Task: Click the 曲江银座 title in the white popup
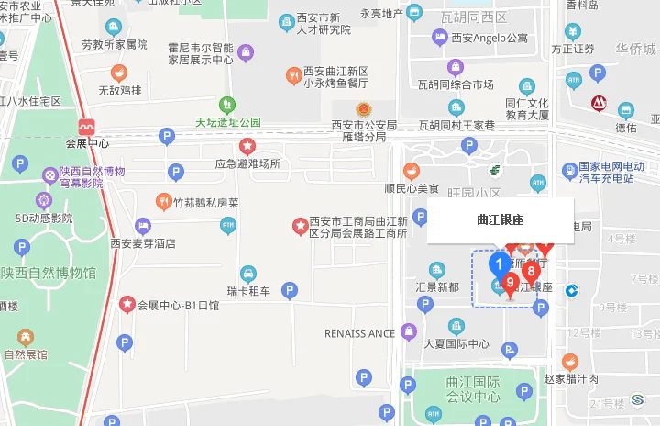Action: (x=500, y=220)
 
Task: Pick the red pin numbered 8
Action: (x=530, y=273)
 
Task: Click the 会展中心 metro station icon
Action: (x=87, y=126)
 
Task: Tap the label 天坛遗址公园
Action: (x=228, y=122)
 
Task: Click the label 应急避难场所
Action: (x=247, y=164)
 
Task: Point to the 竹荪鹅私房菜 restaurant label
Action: (x=206, y=202)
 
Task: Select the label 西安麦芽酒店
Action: (x=142, y=243)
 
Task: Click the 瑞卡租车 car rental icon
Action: (x=248, y=274)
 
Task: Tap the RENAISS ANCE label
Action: (x=359, y=333)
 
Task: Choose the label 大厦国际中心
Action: (x=456, y=344)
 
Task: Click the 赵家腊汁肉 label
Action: (x=570, y=378)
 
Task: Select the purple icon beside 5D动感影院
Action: (x=44, y=199)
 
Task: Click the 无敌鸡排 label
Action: (x=120, y=90)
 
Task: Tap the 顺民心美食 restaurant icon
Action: (x=412, y=170)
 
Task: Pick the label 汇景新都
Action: (x=436, y=286)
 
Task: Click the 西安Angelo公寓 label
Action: (x=489, y=38)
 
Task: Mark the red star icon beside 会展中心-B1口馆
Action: (x=126, y=304)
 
